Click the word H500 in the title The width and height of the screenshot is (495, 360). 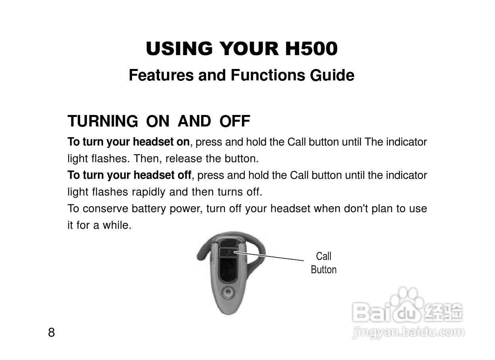[x=311, y=49]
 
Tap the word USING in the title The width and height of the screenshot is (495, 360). [x=179, y=49]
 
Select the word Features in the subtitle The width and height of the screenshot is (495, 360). [x=161, y=75]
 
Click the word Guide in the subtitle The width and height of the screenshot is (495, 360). [x=332, y=75]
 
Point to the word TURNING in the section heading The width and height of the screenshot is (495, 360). [x=103, y=121]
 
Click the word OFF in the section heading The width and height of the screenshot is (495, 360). [x=235, y=121]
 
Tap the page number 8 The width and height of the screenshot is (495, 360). [x=51, y=332]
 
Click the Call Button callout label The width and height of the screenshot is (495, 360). [x=324, y=263]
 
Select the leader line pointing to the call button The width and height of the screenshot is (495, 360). [x=269, y=256]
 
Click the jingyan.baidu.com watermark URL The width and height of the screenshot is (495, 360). [x=408, y=332]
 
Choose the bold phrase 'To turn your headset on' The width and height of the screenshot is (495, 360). [x=129, y=142]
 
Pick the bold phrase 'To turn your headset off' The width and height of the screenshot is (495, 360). [x=129, y=175]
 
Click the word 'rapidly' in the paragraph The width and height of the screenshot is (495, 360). [x=148, y=192]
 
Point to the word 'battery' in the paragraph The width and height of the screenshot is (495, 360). [x=149, y=209]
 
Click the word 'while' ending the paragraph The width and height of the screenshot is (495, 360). [x=117, y=225]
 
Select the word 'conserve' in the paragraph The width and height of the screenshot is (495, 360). [x=106, y=209]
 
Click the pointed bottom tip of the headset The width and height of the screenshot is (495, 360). [x=228, y=314]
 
